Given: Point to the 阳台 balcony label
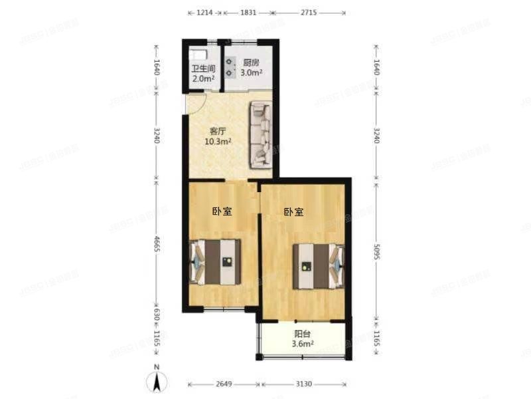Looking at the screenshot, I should [x=303, y=334].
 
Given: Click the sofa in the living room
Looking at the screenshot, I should [x=260, y=135].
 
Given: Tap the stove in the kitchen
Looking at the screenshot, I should [x=230, y=66].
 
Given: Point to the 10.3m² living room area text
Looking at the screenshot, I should [x=216, y=142].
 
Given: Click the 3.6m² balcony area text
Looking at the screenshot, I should [x=303, y=344].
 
